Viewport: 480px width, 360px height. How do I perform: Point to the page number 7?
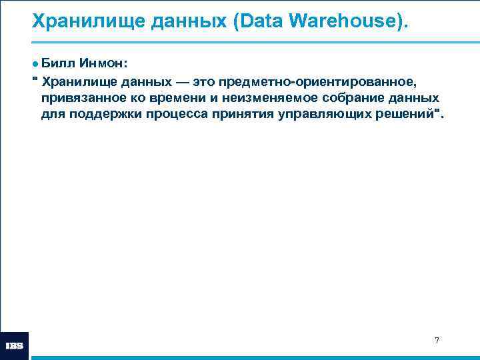pyautogui.click(x=437, y=341)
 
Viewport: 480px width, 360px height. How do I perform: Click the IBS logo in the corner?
pyautogui.click(x=15, y=346)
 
